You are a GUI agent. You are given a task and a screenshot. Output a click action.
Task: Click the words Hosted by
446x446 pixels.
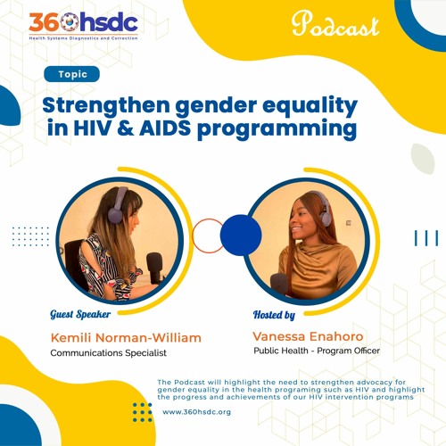coord(274,316)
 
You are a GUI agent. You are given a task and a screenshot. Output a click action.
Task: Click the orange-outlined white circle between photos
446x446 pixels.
coord(209,235)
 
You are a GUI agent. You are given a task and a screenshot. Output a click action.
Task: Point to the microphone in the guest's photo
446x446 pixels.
coord(154,264)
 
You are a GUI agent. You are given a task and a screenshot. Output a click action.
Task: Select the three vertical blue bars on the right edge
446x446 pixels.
coord(425,237)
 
